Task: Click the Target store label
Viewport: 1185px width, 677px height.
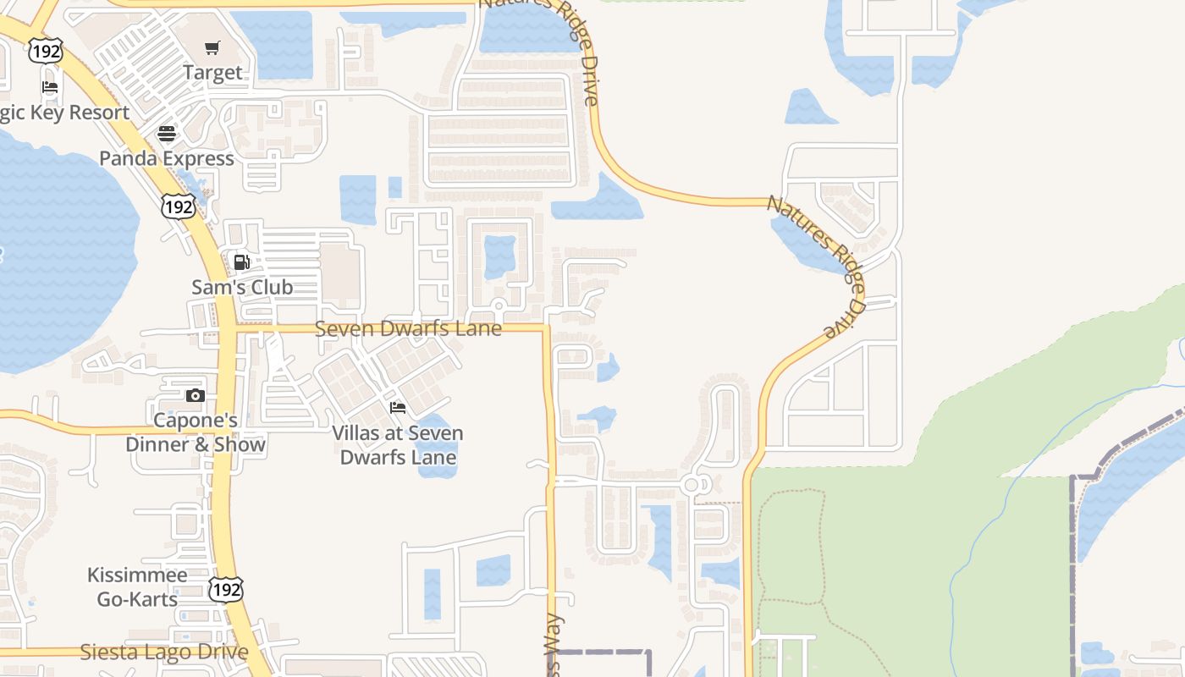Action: click(x=212, y=73)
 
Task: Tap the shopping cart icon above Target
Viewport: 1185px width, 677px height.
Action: click(x=212, y=48)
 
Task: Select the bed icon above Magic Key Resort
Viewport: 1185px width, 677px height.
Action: click(x=50, y=87)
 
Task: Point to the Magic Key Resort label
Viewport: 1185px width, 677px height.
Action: click(x=64, y=113)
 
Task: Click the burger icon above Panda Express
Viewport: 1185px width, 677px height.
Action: click(x=167, y=134)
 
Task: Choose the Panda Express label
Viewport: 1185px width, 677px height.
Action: click(x=167, y=159)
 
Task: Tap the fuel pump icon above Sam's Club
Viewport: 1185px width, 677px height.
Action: click(x=242, y=262)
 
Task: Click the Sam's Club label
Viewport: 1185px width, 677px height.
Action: click(x=242, y=288)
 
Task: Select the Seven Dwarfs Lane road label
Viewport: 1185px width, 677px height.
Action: click(x=408, y=328)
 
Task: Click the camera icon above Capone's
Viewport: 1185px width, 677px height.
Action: click(x=195, y=395)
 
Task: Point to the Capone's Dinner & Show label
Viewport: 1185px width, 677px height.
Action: click(x=196, y=432)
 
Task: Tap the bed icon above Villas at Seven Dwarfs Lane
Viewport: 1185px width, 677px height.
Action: click(x=397, y=408)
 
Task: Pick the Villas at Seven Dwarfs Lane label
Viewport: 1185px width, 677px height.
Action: click(x=398, y=445)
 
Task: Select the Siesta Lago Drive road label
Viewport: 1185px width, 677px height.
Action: click(x=164, y=652)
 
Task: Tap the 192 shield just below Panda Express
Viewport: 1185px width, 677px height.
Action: click(x=179, y=206)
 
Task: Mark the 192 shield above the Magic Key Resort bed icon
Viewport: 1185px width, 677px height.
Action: click(x=45, y=51)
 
